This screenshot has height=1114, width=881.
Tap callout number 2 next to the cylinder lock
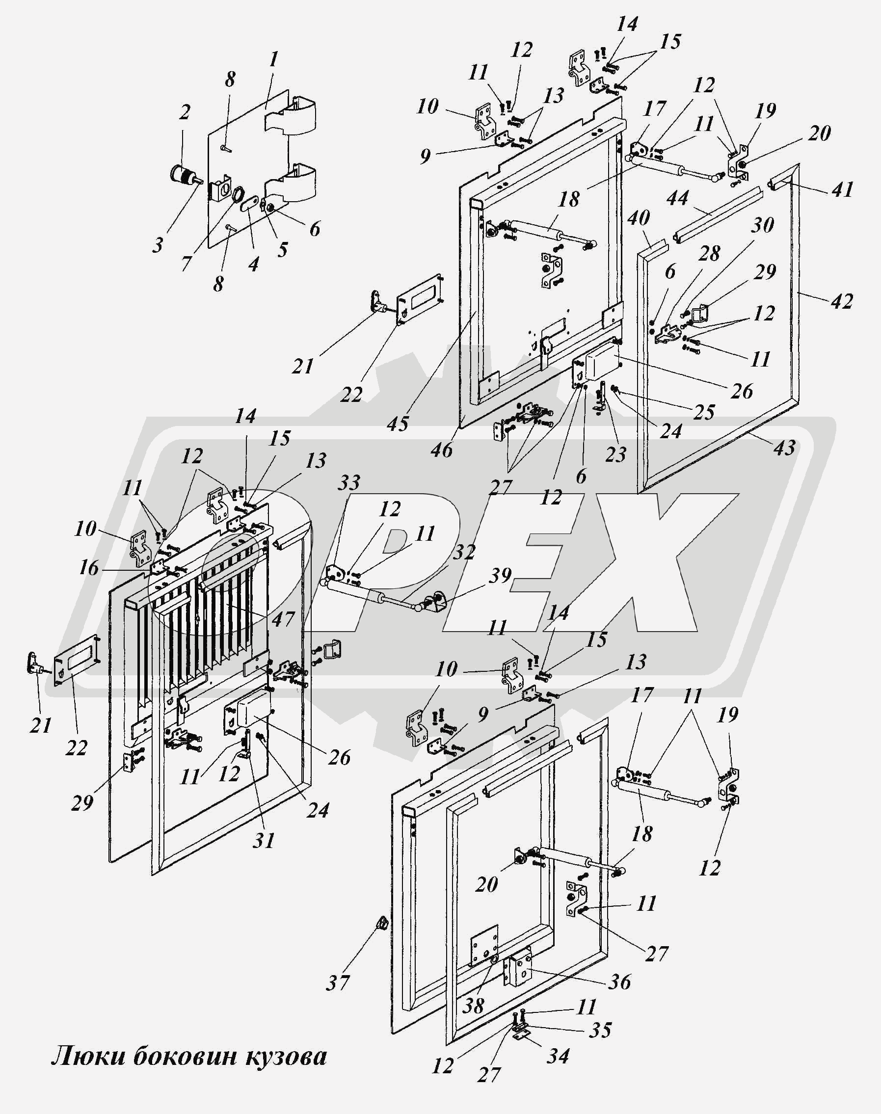184,112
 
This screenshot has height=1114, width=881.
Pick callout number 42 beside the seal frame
841,301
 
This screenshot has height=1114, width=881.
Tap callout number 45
398,424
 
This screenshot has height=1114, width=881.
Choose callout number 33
349,484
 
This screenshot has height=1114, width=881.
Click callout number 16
89,568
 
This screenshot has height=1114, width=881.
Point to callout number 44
678,198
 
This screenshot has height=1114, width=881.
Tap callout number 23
615,454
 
